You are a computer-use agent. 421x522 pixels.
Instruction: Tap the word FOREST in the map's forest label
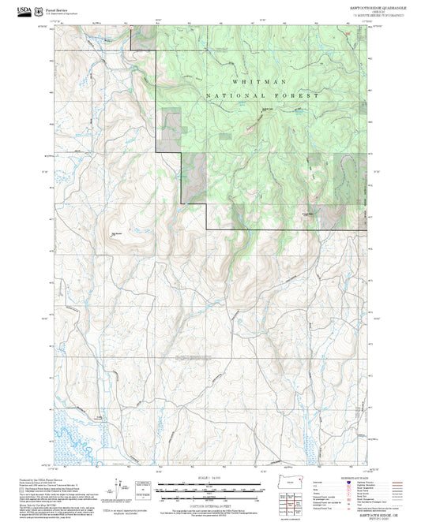click(301, 95)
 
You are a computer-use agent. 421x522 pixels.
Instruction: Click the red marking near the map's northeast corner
click(345, 34)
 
